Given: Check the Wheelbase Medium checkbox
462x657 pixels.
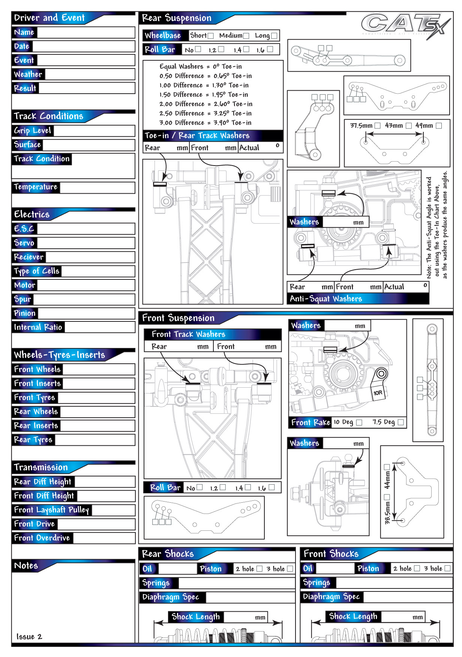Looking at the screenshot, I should click(246, 36).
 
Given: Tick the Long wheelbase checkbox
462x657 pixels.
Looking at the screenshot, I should click(274, 36).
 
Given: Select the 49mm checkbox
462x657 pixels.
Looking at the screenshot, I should click(439, 126).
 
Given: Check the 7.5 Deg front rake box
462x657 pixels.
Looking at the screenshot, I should click(401, 422).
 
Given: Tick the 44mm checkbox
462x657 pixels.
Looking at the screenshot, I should click(387, 467).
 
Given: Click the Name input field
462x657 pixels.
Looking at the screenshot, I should click(86, 33).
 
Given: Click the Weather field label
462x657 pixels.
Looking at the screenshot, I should click(28, 74).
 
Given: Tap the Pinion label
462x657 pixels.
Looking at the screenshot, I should click(25, 313).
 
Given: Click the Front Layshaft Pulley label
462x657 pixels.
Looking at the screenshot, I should click(51, 510).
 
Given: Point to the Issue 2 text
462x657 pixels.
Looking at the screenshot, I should click(29, 636).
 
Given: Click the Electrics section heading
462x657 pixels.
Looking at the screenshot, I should click(32, 214).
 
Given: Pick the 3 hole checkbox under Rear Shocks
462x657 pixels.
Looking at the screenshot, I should click(290, 569).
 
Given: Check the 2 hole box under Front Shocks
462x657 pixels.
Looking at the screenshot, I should click(417, 568).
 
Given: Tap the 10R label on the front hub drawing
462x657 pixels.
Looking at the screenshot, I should click(378, 393).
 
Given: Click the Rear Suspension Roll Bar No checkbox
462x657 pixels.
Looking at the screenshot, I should click(198, 49).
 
